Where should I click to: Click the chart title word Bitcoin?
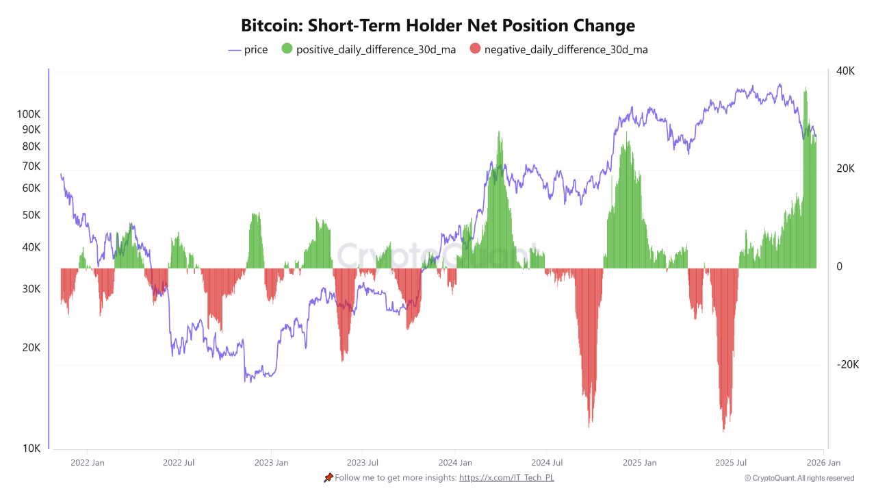point(271,25)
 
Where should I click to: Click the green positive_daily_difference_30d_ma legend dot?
point(287,49)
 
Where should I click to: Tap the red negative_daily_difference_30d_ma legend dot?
point(475,49)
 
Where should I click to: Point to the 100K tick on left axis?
point(29,114)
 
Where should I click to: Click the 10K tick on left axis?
point(31,448)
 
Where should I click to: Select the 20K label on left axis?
point(31,348)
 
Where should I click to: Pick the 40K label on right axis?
point(845,71)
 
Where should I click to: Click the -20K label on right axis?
point(847,365)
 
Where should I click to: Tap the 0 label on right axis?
point(840,267)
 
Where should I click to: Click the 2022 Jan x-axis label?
point(88,463)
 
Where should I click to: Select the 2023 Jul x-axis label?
point(363,463)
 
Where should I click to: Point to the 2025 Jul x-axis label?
point(730,463)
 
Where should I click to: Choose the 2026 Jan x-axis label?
point(823,463)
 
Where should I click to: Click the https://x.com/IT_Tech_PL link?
point(506,478)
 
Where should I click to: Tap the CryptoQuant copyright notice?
point(799,478)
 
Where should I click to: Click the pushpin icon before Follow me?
point(328,478)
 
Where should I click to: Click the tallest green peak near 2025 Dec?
point(806,89)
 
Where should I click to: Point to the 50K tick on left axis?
point(31,215)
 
